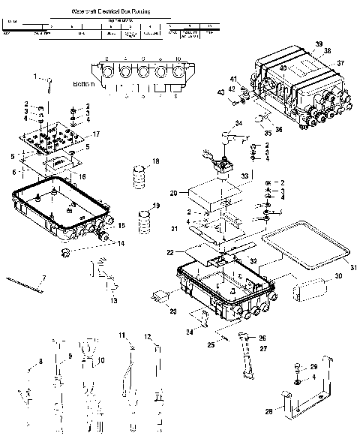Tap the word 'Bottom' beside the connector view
click(x=85, y=85)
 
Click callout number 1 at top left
click(x=34, y=76)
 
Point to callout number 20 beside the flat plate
click(x=173, y=193)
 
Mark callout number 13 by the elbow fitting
click(x=113, y=300)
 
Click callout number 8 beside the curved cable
click(x=41, y=362)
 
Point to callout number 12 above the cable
click(x=148, y=336)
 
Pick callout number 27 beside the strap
click(x=262, y=348)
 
